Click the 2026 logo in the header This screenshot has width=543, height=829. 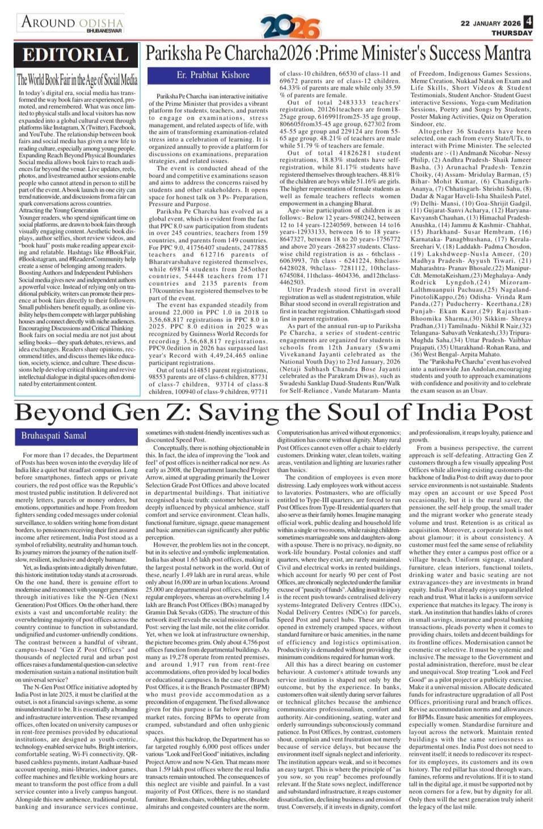click(290, 27)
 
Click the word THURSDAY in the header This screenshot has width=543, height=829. click(512, 33)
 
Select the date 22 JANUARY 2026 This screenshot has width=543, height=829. click(490, 23)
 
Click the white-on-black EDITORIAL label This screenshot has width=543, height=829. click(75, 55)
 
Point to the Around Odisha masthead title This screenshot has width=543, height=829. click(72, 22)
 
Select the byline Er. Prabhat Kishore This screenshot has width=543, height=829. click(213, 75)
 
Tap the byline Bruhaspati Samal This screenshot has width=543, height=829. click(54, 435)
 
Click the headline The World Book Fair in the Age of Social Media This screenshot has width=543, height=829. click(77, 80)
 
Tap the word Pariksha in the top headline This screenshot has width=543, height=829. click(175, 53)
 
